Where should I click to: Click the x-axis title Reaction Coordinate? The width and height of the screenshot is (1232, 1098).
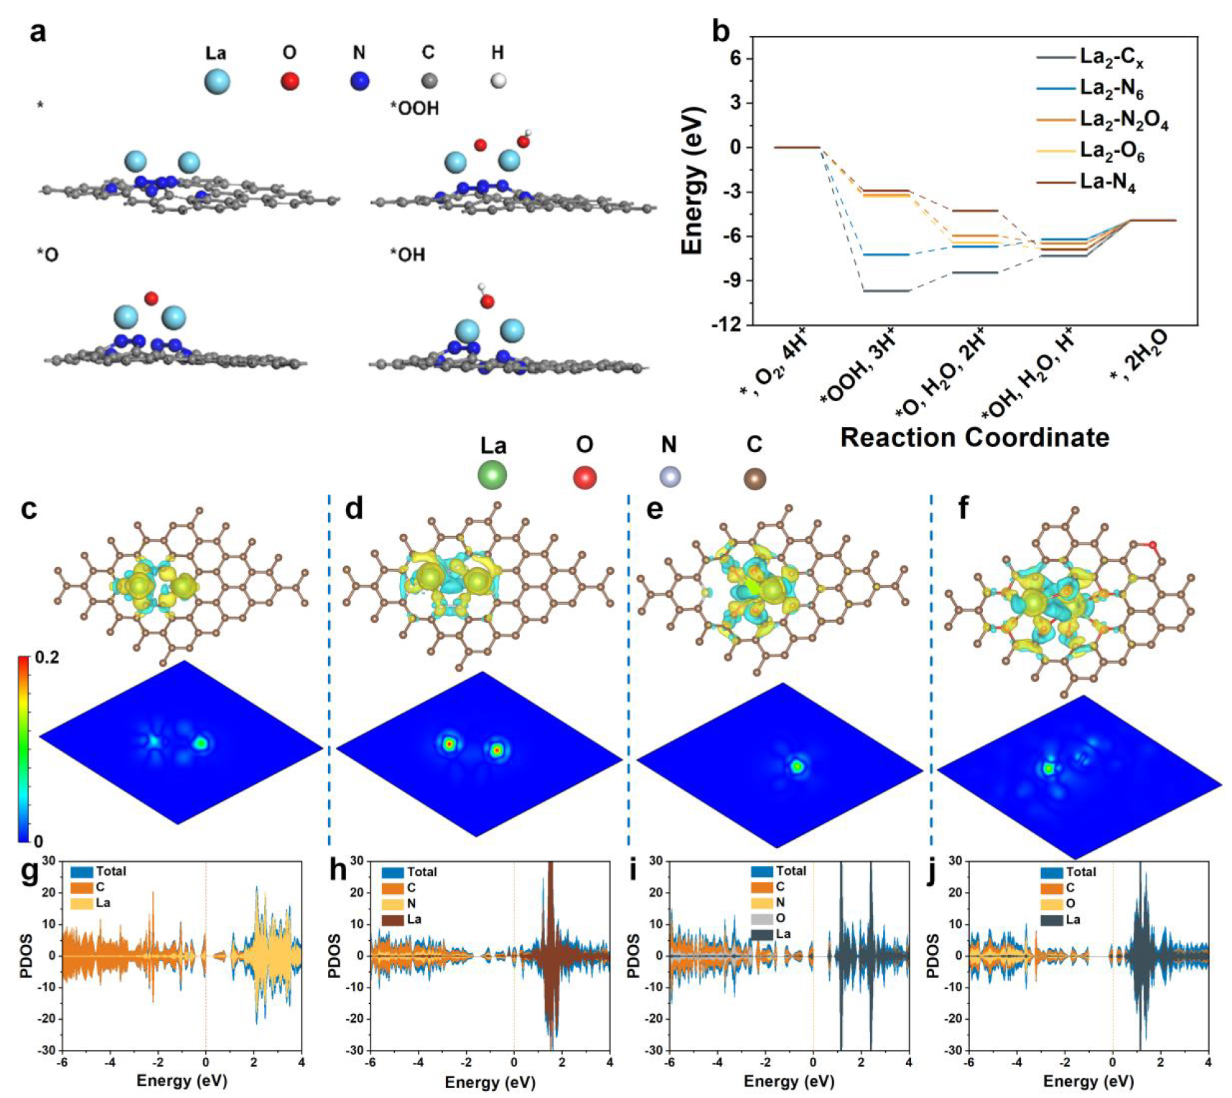click(x=974, y=437)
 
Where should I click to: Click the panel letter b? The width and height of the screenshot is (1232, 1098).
click(x=720, y=32)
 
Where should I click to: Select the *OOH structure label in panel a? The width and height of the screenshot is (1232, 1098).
click(x=414, y=108)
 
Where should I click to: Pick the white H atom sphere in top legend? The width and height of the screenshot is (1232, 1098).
click(x=498, y=80)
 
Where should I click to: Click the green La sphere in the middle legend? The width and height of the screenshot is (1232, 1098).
click(x=493, y=474)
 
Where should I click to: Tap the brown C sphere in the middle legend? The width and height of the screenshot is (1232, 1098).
click(x=755, y=479)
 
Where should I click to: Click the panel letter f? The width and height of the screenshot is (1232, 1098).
click(x=963, y=508)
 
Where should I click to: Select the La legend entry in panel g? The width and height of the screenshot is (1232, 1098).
click(x=103, y=903)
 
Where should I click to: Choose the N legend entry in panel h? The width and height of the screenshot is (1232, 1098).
click(x=411, y=904)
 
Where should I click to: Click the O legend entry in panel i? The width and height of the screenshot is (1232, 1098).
click(x=780, y=918)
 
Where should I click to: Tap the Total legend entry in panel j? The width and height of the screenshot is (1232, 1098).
click(x=1081, y=872)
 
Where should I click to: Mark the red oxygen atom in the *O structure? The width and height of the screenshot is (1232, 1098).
click(x=151, y=299)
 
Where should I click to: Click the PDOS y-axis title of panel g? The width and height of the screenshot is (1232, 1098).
click(x=27, y=956)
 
